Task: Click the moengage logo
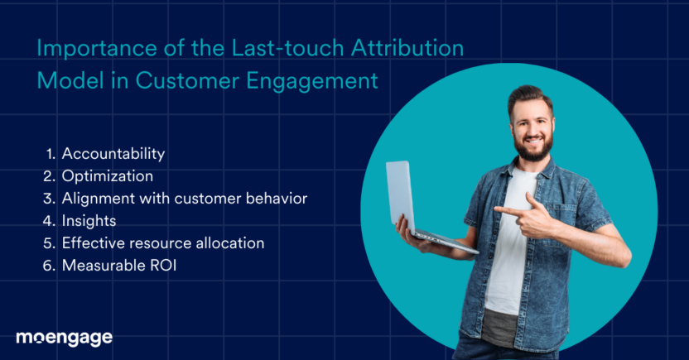pyautogui.click(x=64, y=338)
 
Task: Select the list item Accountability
pyautogui.click(x=113, y=154)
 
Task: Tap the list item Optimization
pyautogui.click(x=107, y=176)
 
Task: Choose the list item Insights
pyautogui.click(x=89, y=221)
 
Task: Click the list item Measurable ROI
pyautogui.click(x=118, y=266)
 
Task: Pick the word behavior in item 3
pyautogui.click(x=278, y=199)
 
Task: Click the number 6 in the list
pyautogui.click(x=48, y=266)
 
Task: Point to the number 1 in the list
pyautogui.click(x=49, y=154)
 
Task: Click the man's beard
pyautogui.click(x=533, y=150)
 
